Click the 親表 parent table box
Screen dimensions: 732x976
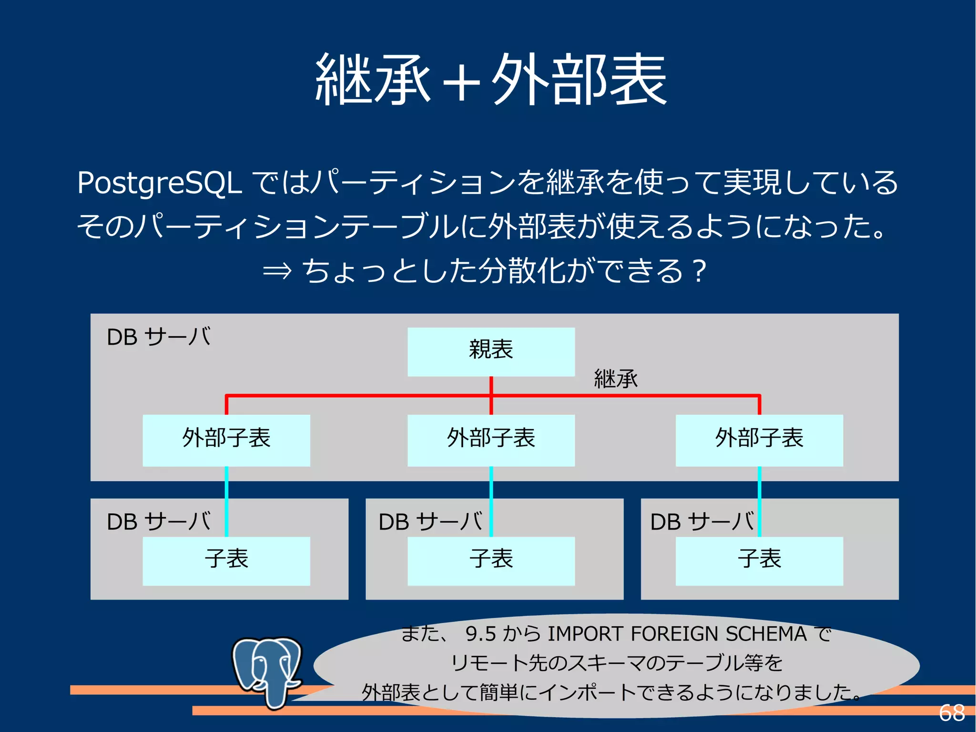tap(491, 351)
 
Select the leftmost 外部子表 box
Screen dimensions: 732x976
tap(226, 440)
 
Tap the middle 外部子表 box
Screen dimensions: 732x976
tap(491, 440)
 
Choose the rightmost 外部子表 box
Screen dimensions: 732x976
tap(759, 440)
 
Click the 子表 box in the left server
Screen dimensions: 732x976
tap(226, 560)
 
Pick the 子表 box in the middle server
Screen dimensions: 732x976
tap(491, 560)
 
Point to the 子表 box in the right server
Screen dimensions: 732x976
tap(759, 560)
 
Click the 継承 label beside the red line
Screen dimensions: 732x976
tap(615, 379)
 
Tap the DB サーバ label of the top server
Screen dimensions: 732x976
tap(159, 337)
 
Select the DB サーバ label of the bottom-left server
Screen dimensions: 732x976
tap(159, 522)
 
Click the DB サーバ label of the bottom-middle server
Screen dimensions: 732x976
tap(430, 522)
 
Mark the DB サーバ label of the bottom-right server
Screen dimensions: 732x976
tap(702, 522)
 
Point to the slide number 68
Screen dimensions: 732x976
tap(951, 713)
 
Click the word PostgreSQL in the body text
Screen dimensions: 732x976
tap(160, 183)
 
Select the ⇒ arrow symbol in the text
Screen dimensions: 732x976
tap(277, 271)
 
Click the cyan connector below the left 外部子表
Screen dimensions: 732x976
tap(226, 501)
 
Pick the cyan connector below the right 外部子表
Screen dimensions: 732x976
tap(759, 501)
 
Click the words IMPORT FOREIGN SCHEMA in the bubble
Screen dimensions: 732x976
tap(677, 634)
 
